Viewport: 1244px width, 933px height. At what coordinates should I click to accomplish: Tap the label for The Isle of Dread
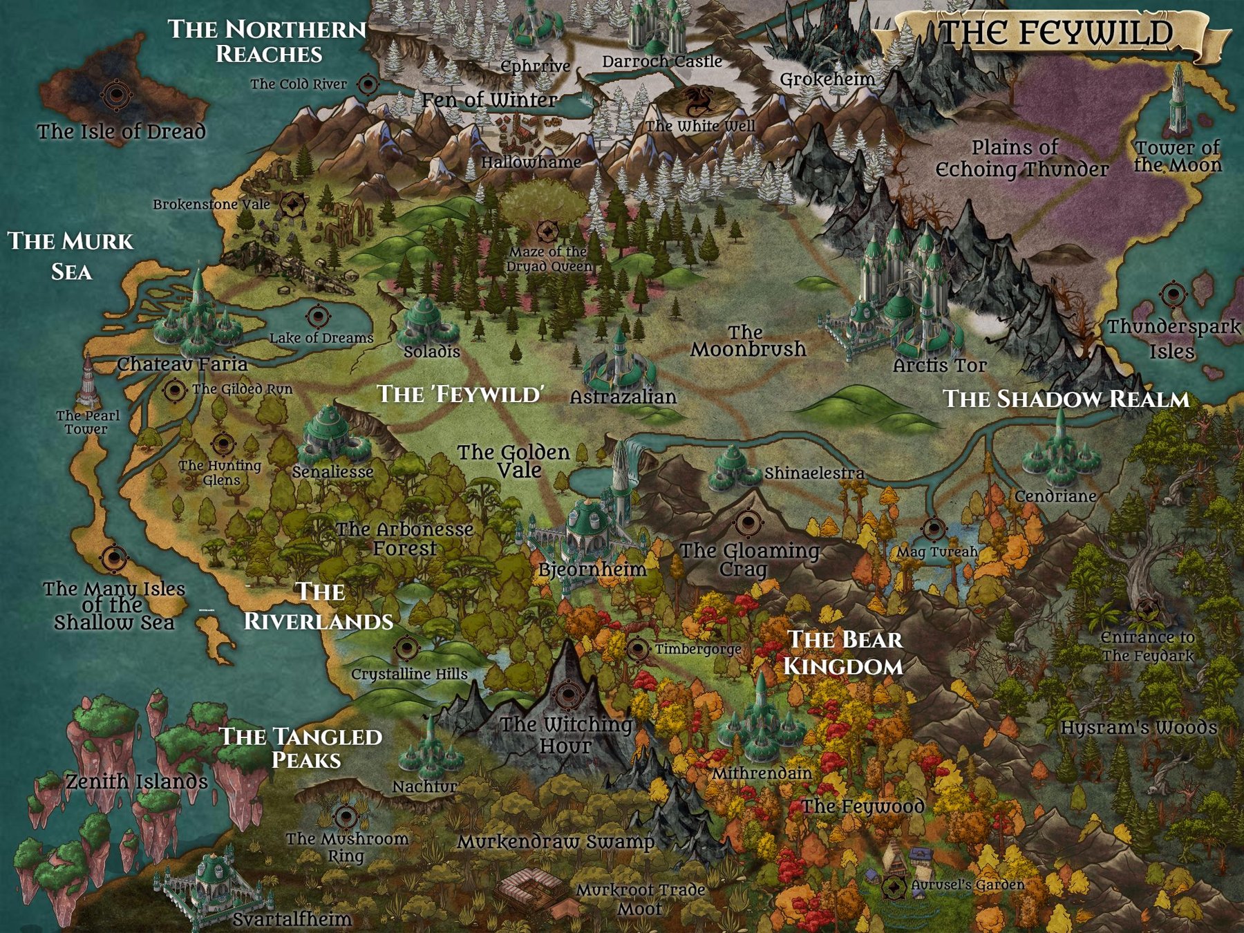(x=122, y=131)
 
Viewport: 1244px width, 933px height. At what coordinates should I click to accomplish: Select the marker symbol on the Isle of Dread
(x=117, y=94)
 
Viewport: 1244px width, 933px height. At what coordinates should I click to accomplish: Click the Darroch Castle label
(x=661, y=62)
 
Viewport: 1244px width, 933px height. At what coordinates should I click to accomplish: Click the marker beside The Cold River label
(x=368, y=84)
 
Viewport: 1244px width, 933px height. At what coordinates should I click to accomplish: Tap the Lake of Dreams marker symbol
(x=318, y=317)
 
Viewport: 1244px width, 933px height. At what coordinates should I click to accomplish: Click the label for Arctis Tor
(x=939, y=365)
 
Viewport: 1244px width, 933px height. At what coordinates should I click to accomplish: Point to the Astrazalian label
(x=623, y=397)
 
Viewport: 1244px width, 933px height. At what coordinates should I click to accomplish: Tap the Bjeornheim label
(x=592, y=569)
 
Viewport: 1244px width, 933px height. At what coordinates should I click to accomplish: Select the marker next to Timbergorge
(x=638, y=649)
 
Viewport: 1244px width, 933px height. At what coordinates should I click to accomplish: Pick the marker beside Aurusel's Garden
(x=894, y=885)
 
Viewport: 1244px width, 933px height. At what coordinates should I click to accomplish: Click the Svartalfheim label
(x=292, y=918)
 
